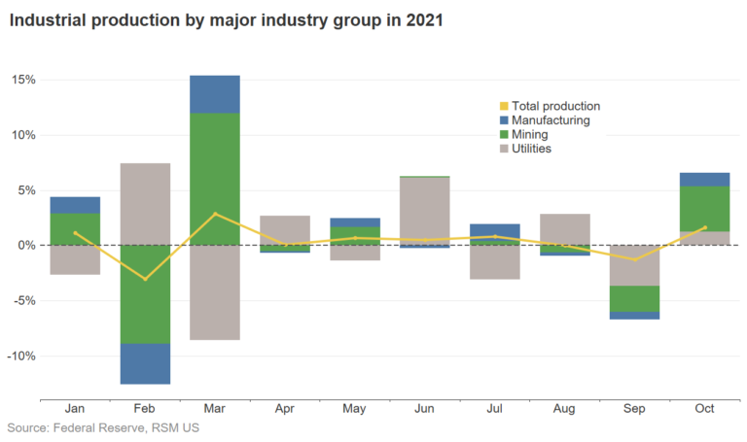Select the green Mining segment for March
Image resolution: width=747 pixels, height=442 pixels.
click(x=215, y=179)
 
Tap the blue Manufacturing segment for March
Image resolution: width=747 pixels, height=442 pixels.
click(x=215, y=94)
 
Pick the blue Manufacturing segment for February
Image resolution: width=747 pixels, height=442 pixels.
click(x=145, y=363)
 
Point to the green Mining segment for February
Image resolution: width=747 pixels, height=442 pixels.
click(x=145, y=294)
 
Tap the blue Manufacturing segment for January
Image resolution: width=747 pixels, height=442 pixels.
click(x=75, y=205)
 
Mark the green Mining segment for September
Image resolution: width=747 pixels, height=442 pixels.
click(x=634, y=298)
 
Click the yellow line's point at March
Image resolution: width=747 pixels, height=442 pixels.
click(x=215, y=214)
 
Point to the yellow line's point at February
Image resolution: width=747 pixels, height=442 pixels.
click(x=145, y=279)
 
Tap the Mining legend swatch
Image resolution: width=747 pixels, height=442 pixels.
click(x=503, y=135)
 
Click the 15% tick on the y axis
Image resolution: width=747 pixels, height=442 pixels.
click(x=25, y=80)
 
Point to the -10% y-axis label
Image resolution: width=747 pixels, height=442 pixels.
click(x=23, y=356)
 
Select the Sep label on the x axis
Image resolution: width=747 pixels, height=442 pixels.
click(x=634, y=409)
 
